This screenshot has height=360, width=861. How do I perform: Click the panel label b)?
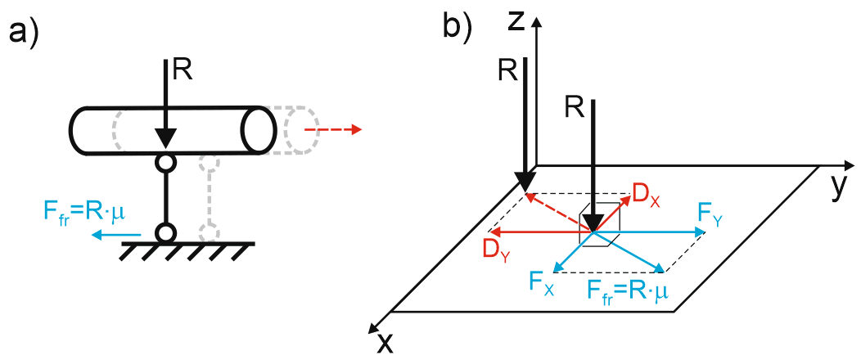(457, 26)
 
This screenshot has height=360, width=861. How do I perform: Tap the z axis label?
(515, 20)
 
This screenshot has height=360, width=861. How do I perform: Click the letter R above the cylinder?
(183, 70)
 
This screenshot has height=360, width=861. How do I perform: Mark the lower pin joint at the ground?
(166, 233)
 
